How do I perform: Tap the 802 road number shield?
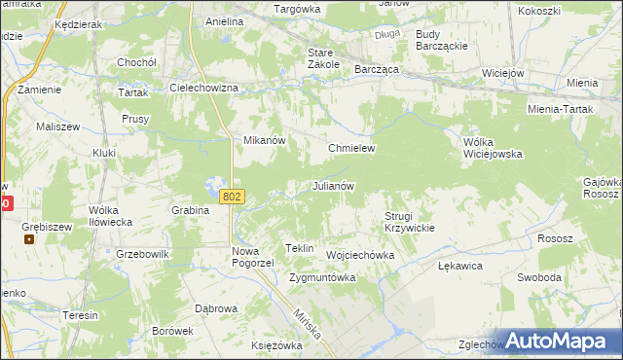click(x=232, y=197)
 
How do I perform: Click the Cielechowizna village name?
click(x=204, y=88)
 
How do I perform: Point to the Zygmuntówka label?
click(x=322, y=277)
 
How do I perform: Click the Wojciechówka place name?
click(x=360, y=255)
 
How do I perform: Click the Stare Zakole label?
click(x=323, y=58)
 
